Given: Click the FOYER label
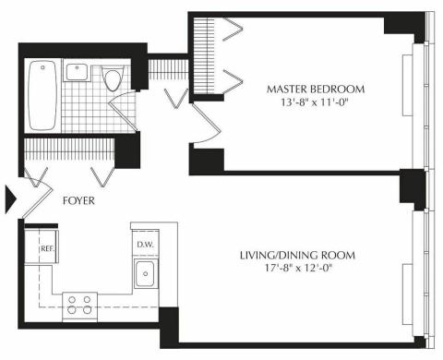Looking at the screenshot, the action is (x=78, y=201).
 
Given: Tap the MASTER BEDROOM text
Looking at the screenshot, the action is (x=316, y=90).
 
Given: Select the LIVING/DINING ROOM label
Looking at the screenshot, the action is (x=297, y=256).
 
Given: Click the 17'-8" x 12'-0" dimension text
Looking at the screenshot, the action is (x=299, y=269).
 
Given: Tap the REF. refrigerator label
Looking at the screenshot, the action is (x=48, y=248).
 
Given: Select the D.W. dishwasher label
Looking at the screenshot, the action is (x=145, y=246).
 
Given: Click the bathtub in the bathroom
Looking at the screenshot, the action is (x=42, y=95).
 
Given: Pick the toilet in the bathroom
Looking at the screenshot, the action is (x=113, y=78).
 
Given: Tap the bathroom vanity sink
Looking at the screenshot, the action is (x=77, y=72).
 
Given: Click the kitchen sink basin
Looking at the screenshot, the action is (x=145, y=273).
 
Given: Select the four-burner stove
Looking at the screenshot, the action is (x=79, y=306).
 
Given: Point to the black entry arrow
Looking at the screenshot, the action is (x=11, y=198).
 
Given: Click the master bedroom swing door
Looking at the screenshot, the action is (x=206, y=124).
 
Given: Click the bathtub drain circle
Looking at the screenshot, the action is (x=43, y=67).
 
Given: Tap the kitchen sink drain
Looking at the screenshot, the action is (x=146, y=273).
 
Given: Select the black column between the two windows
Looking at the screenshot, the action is (x=413, y=188).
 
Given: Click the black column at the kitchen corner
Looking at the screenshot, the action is (x=169, y=326).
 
